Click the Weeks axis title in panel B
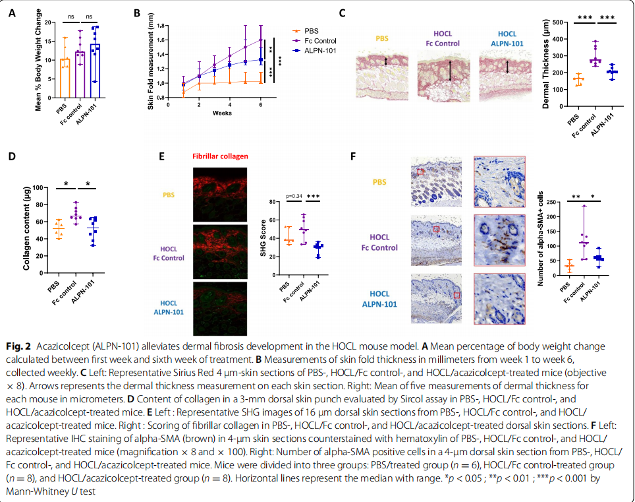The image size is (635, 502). pos(221,113)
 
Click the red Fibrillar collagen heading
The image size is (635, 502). pos(220,156)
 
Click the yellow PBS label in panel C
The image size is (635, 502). pos(382,38)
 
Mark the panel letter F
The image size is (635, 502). pos(354,156)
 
